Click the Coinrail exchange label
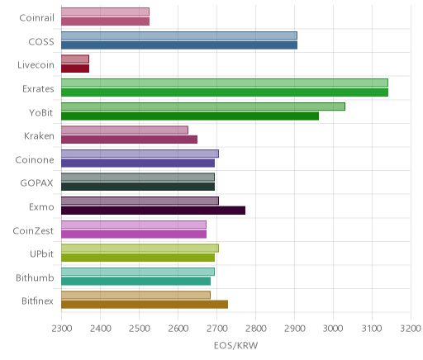[x=36, y=18]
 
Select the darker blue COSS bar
[x=179, y=45]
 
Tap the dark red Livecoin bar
[x=75, y=69]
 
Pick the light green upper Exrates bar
[x=225, y=83]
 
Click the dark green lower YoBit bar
[x=190, y=116]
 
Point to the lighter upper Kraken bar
[x=125, y=130]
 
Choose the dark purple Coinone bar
[x=138, y=163]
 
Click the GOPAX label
[x=36, y=183]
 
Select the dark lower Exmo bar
[x=153, y=211]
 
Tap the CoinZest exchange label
[x=33, y=230]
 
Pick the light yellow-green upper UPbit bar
[x=140, y=249]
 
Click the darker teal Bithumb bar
[x=135, y=282]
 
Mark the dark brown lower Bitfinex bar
[x=145, y=305]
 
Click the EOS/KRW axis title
[x=235, y=346]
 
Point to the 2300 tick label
[x=62, y=329]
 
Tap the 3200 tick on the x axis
[x=411, y=329]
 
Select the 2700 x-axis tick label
[x=216, y=329]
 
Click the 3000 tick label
[x=333, y=329]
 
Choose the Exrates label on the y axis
[x=38, y=89]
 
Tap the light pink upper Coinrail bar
[x=105, y=12]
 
